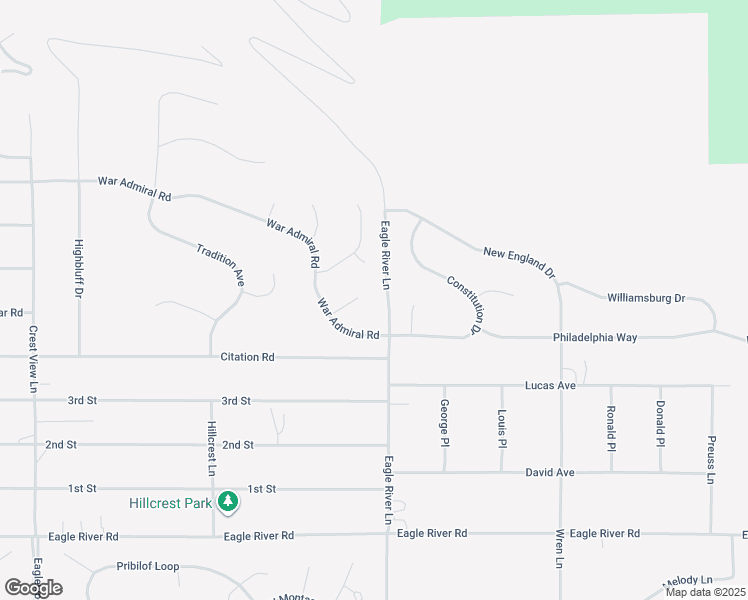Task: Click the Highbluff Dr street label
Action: pyautogui.click(x=78, y=268)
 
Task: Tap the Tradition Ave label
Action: pyautogui.click(x=221, y=265)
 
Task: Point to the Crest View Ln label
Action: pyautogui.click(x=33, y=359)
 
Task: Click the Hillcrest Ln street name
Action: pyautogui.click(x=212, y=446)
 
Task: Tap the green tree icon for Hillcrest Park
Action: pyautogui.click(x=228, y=501)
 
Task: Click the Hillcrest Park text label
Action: pyautogui.click(x=170, y=503)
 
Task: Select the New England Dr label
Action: pyautogui.click(x=519, y=262)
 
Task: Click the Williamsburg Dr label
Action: pyautogui.click(x=646, y=298)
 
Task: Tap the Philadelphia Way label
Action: pyautogui.click(x=595, y=338)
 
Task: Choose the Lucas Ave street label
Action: pyautogui.click(x=551, y=385)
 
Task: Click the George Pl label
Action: pyautogui.click(x=445, y=423)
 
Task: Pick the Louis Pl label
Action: pyautogui.click(x=502, y=429)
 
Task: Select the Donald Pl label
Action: pyautogui.click(x=660, y=423)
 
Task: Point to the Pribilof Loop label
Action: pyautogui.click(x=148, y=566)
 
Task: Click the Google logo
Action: pyautogui.click(x=33, y=587)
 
